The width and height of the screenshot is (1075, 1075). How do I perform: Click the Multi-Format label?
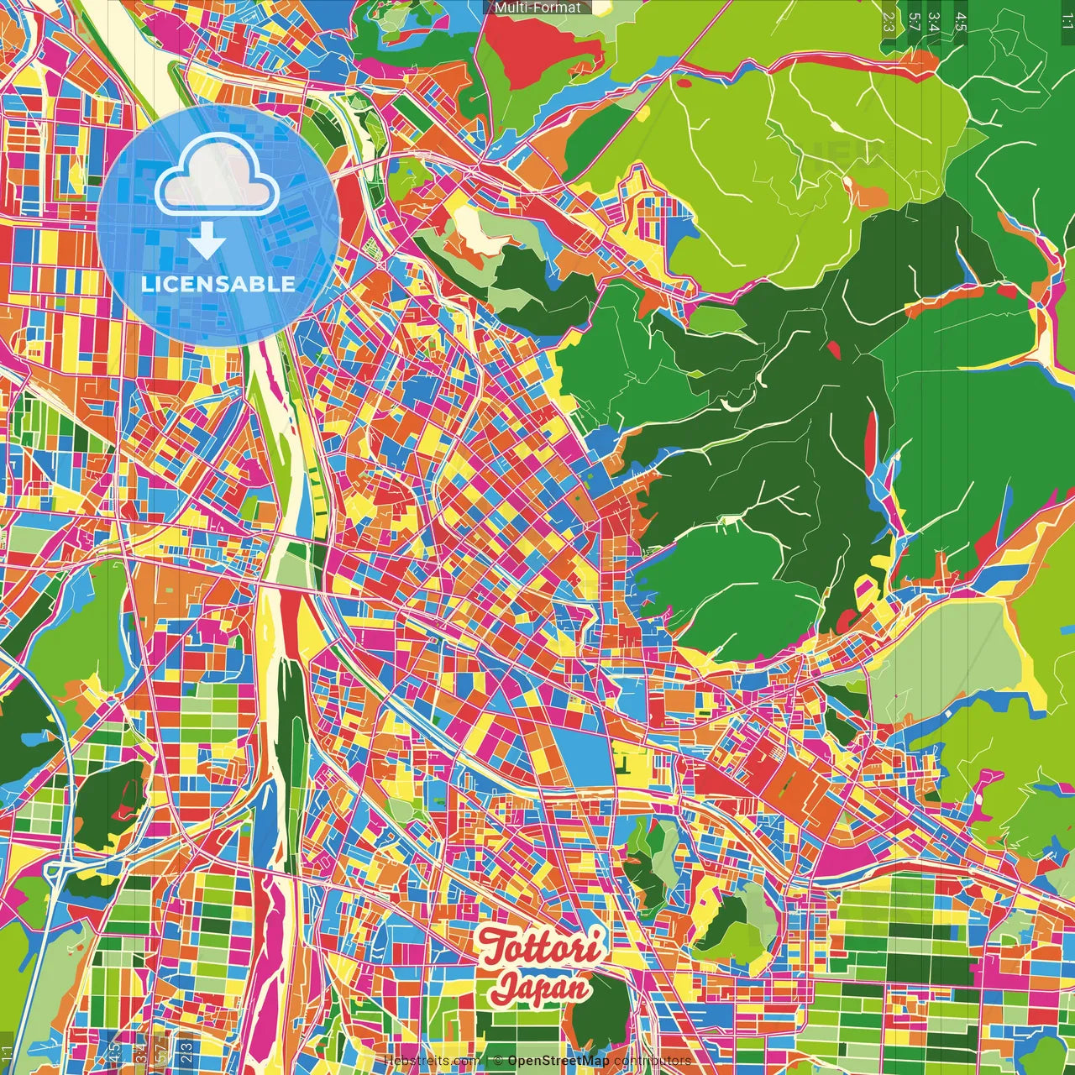click(537, 8)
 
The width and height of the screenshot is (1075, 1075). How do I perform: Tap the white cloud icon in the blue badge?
click(218, 174)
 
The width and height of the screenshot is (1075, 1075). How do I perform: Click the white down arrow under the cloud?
click(207, 241)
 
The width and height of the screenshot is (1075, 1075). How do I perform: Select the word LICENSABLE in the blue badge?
click(218, 284)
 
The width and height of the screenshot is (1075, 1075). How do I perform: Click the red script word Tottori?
click(541, 947)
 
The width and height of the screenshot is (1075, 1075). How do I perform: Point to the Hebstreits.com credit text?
click(432, 1061)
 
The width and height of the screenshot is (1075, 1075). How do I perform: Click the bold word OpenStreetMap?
click(558, 1061)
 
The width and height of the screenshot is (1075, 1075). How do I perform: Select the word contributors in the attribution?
click(653, 1061)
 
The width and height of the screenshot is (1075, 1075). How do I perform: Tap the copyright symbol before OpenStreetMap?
click(498, 1061)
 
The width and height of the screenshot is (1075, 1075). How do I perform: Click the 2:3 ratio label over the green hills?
click(889, 22)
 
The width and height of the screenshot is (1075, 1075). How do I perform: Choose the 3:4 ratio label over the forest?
click(934, 22)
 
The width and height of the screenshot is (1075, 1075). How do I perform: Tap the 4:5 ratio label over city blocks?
click(115, 1052)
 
